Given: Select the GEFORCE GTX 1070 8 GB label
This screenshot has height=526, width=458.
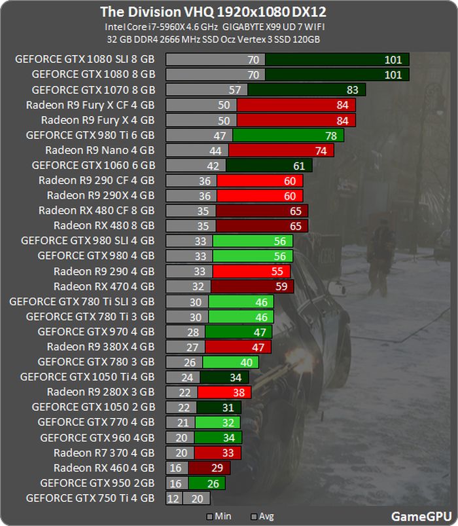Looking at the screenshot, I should (x=93, y=90).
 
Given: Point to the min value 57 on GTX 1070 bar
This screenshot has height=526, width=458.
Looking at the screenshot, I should (x=235, y=90).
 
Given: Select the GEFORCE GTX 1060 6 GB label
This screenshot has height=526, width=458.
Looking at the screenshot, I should (x=93, y=165).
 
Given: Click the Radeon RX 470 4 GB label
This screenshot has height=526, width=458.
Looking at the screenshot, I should (x=104, y=286).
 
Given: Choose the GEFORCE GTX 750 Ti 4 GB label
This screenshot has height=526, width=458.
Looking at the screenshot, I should (x=90, y=498).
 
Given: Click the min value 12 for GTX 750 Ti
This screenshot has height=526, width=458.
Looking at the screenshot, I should (x=174, y=498).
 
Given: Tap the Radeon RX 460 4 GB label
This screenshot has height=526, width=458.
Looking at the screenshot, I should (x=104, y=468).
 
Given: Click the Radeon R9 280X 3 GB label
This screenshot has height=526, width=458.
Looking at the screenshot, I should (x=101, y=392).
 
